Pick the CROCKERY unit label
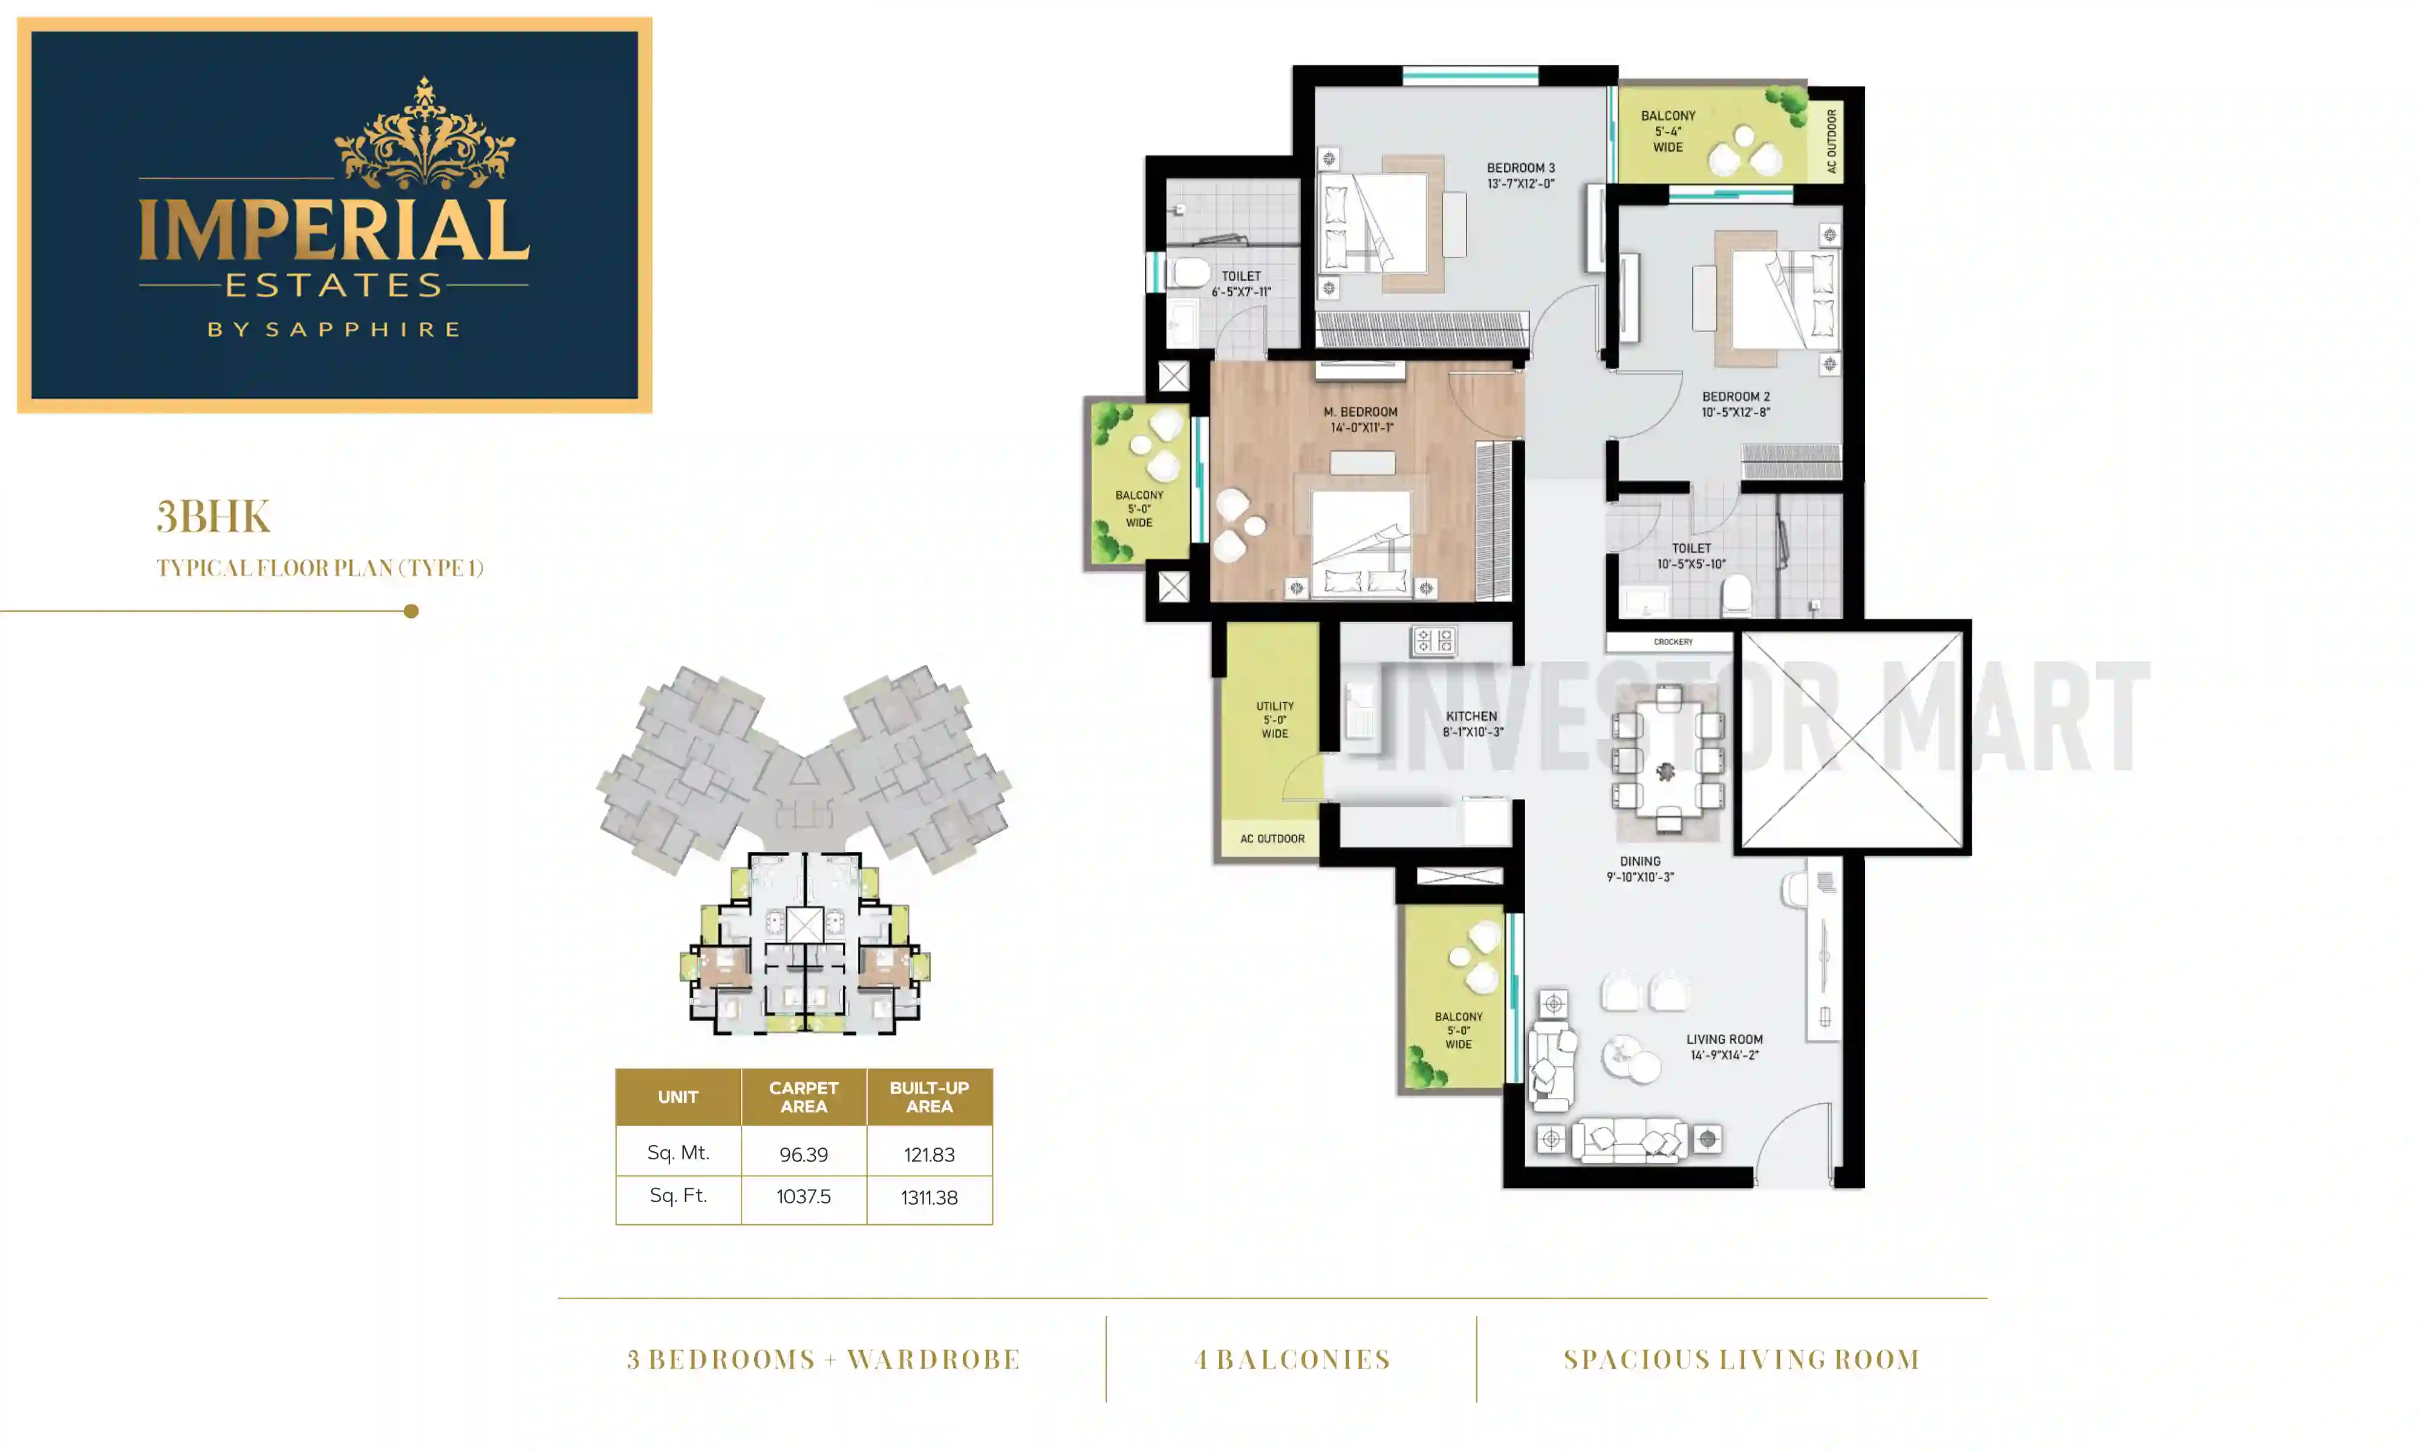(x=1672, y=643)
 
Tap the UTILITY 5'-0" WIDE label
(x=1274, y=719)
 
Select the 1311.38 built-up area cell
(x=929, y=1198)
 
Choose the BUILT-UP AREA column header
(x=929, y=1097)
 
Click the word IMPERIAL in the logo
(x=333, y=232)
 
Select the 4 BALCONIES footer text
(x=1292, y=1359)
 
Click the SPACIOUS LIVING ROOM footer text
(x=1742, y=1359)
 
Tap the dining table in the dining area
(x=1667, y=760)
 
